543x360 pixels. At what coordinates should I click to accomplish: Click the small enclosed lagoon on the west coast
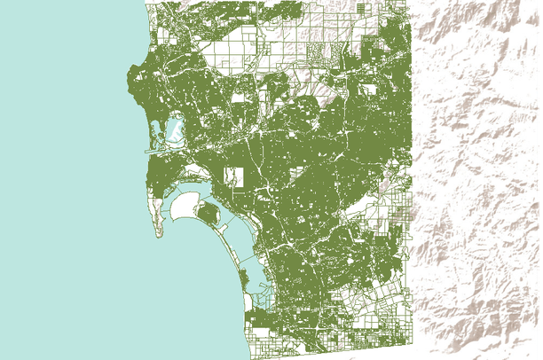coord(172,130)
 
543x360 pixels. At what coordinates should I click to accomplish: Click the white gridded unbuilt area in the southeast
coord(382,301)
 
